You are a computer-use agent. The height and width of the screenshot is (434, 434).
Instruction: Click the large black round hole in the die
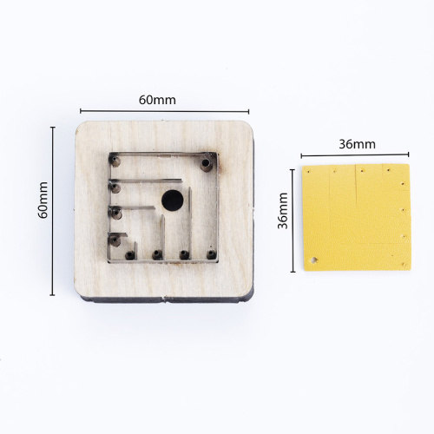[173, 201]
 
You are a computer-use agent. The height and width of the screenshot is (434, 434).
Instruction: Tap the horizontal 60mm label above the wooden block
[157, 100]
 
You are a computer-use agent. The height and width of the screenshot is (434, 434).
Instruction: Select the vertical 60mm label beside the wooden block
[43, 200]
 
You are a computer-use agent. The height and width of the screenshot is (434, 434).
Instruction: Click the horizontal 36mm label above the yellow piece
[358, 144]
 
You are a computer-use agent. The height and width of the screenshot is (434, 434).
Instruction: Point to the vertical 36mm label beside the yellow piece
[283, 211]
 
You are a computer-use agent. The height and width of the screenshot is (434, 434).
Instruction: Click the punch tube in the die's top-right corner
[206, 163]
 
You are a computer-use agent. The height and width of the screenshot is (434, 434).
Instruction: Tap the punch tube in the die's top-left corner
[116, 161]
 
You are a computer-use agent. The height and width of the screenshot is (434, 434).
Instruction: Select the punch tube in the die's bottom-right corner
[211, 254]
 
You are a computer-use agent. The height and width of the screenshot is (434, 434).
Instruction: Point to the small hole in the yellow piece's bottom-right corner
[404, 264]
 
